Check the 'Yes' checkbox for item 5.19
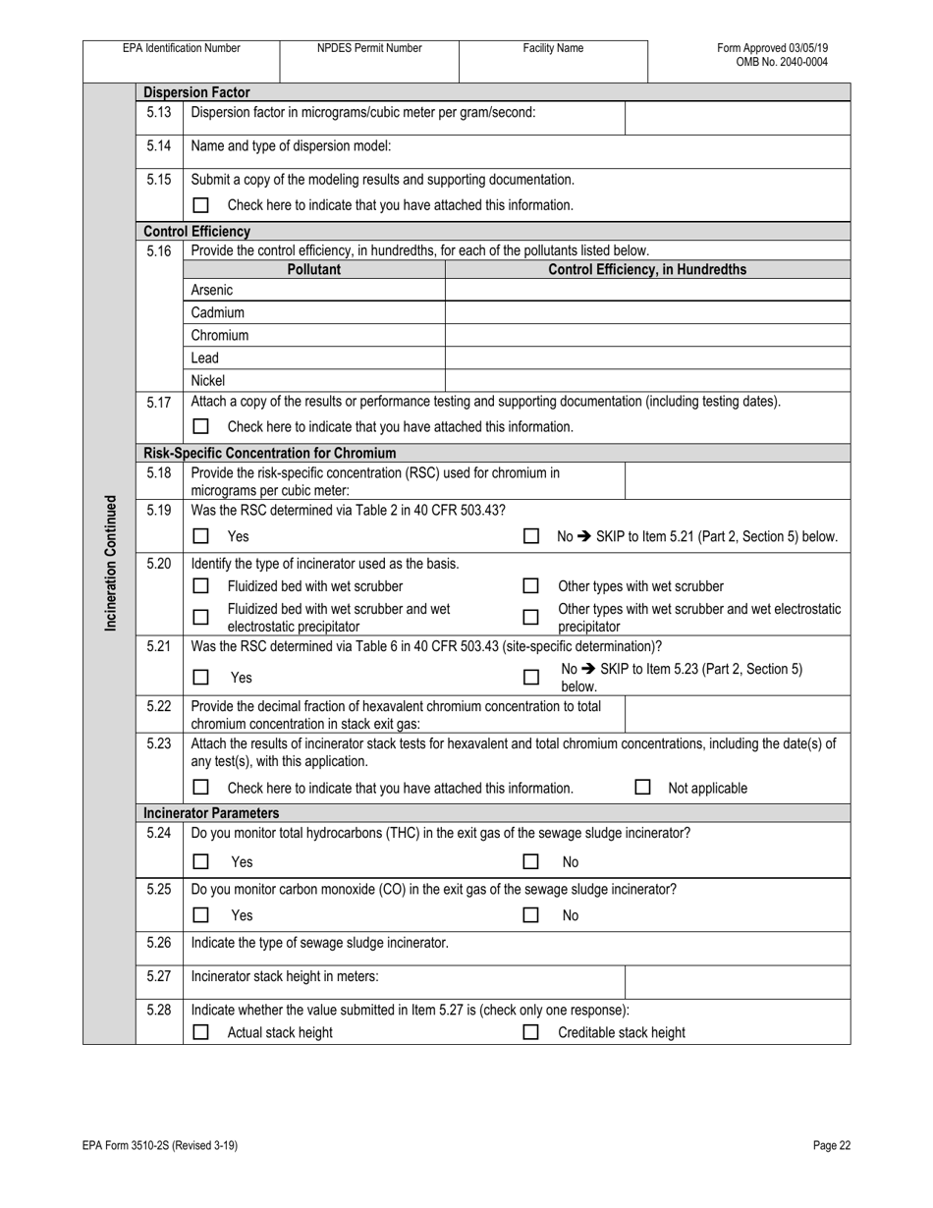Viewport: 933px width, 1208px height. (x=201, y=536)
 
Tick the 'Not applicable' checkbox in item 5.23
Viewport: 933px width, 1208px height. (x=642, y=787)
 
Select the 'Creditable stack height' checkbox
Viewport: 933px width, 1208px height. (x=530, y=1032)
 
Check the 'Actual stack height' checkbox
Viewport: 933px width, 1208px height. (x=201, y=1032)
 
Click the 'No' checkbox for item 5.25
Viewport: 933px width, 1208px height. (x=530, y=914)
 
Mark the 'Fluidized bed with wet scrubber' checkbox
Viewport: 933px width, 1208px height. (x=201, y=585)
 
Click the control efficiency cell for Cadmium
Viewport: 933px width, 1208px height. (x=647, y=312)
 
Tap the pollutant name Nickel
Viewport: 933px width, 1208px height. (x=208, y=380)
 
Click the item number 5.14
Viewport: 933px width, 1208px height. (x=159, y=146)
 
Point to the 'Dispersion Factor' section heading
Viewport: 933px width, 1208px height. (x=196, y=92)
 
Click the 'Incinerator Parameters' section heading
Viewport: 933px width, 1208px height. (x=211, y=813)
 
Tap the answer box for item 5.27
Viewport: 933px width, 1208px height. (x=738, y=981)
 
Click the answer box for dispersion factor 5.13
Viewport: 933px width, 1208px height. (x=738, y=118)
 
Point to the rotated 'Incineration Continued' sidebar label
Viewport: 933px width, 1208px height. (x=110, y=563)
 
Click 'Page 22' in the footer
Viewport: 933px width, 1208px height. (x=831, y=1145)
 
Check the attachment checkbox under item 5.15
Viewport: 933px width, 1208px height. (x=201, y=205)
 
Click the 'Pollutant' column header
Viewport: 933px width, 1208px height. (x=314, y=269)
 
